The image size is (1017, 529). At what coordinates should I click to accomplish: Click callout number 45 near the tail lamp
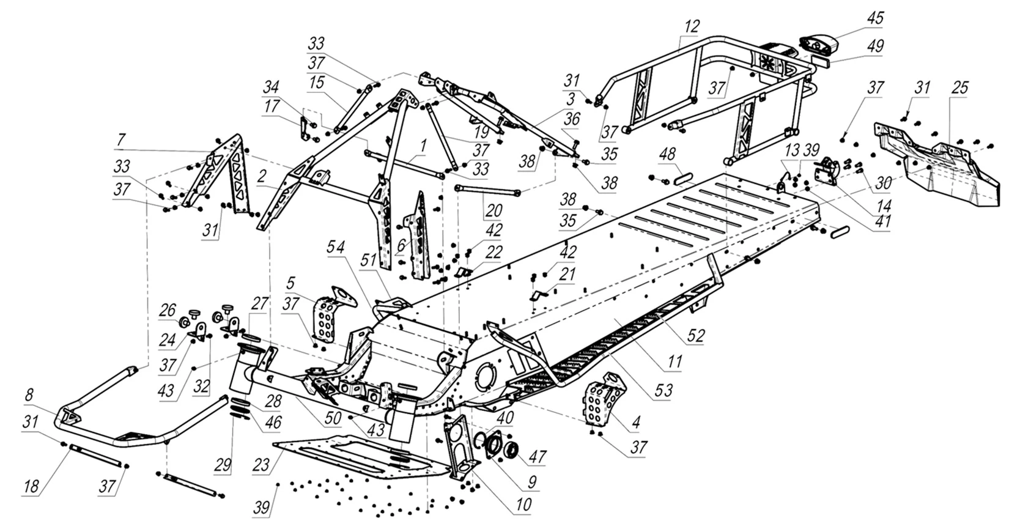[x=875, y=18]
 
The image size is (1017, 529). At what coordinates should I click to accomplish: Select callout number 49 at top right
[x=875, y=46]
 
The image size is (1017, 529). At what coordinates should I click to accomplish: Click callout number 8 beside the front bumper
[x=29, y=395]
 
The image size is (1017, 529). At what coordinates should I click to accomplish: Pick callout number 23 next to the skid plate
[x=261, y=465]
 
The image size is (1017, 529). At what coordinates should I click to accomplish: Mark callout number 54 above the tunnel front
[x=336, y=247]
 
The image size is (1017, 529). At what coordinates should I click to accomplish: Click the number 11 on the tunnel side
[x=675, y=362]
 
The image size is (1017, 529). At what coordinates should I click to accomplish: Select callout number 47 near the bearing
[x=538, y=456]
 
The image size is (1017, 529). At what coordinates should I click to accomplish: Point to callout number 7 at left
[x=120, y=140]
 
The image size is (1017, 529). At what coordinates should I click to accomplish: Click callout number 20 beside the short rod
[x=494, y=210]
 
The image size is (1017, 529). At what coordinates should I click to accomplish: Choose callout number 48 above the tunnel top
[x=667, y=154]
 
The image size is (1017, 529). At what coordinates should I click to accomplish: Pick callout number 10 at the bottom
[x=523, y=505]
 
